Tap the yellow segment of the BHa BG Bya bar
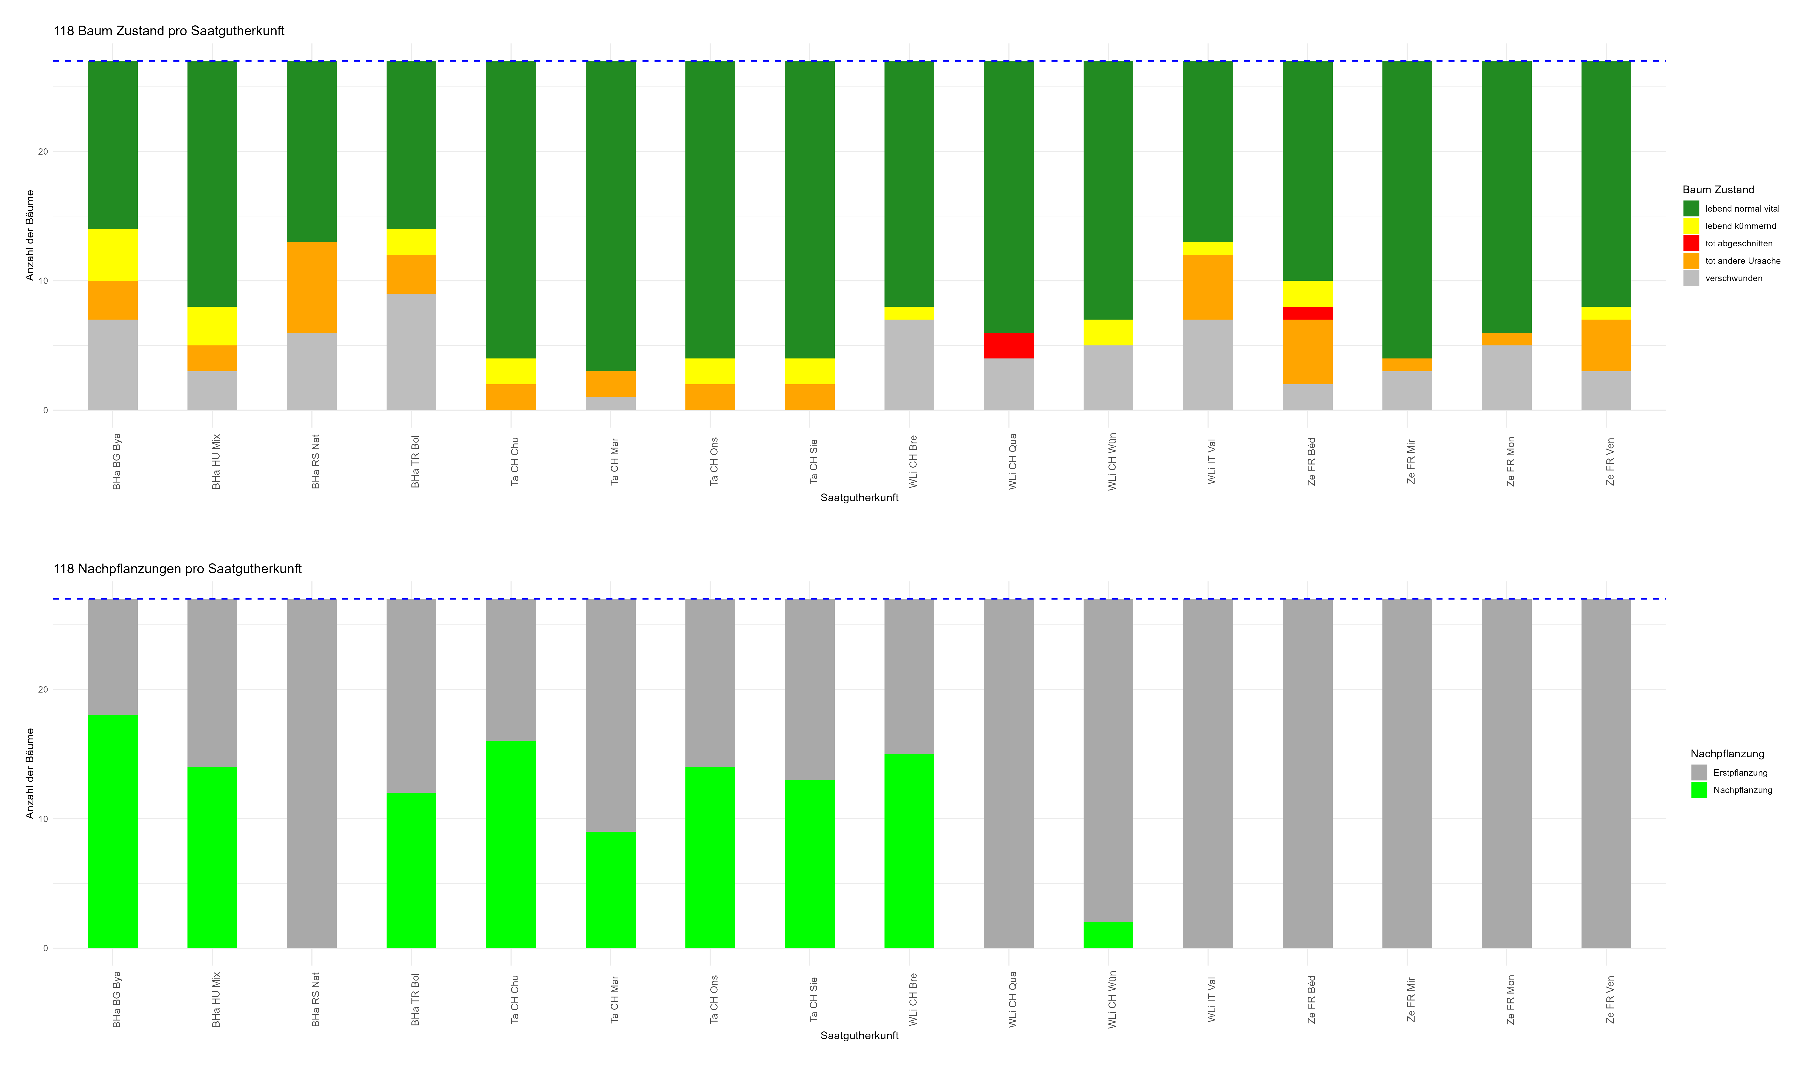[113, 255]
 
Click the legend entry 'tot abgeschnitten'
[1738, 243]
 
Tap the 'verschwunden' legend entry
[1733, 278]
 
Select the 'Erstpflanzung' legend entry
[1740, 773]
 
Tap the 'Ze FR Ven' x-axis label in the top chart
[1609, 461]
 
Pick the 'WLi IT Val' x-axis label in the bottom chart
[1211, 999]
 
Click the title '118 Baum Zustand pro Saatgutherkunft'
[168, 31]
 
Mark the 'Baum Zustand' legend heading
[1718, 190]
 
